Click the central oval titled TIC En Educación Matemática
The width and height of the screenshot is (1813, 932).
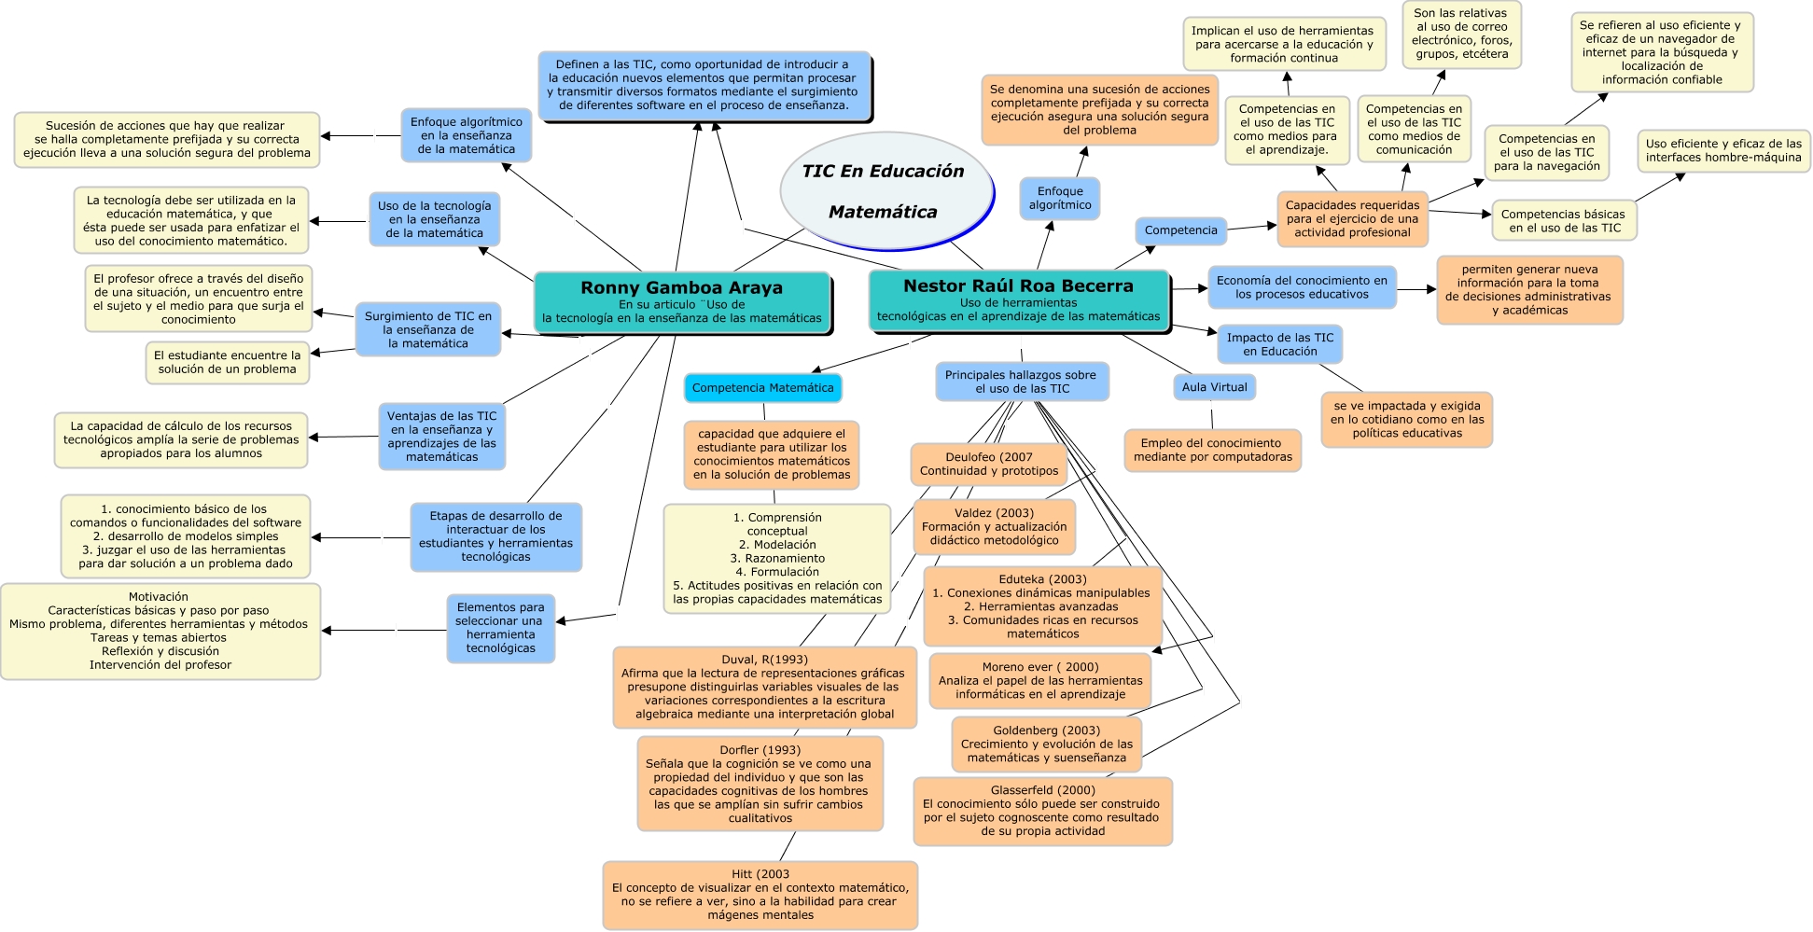click(885, 191)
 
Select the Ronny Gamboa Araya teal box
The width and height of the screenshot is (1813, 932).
click(681, 301)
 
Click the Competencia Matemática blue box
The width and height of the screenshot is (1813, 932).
click(762, 388)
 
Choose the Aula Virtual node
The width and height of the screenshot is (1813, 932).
click(1214, 387)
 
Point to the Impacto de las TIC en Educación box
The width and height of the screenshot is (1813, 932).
click(1279, 344)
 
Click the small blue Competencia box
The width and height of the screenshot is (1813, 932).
click(1180, 230)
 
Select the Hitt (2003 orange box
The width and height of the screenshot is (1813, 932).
click(760, 895)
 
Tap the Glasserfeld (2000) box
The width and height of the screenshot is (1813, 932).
click(1042, 811)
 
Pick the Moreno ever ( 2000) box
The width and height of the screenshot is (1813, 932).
click(1039, 681)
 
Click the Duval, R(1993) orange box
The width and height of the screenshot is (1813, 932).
click(764, 687)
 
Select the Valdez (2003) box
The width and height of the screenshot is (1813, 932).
click(994, 526)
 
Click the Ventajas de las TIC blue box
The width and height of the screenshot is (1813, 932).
click(441, 437)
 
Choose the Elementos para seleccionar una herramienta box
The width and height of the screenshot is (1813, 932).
click(500, 628)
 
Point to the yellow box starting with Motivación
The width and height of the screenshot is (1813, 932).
click(160, 631)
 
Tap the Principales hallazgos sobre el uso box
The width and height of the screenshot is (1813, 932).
click(1021, 382)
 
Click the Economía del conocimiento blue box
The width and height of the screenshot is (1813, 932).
click(1302, 287)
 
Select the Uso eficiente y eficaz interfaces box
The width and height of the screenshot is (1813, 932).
click(1722, 151)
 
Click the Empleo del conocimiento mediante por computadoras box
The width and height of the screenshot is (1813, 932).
click(1212, 451)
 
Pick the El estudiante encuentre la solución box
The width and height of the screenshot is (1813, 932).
click(227, 362)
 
